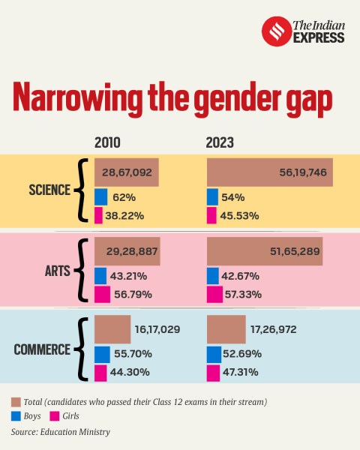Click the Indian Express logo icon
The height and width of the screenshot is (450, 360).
(x=274, y=31)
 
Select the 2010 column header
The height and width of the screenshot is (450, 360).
(x=107, y=143)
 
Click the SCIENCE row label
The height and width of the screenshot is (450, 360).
(x=46, y=190)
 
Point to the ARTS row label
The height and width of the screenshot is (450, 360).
(x=56, y=271)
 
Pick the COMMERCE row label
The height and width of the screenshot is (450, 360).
(x=41, y=349)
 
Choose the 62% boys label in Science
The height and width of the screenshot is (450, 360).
(x=124, y=196)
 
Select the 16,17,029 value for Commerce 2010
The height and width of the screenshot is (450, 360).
(x=157, y=329)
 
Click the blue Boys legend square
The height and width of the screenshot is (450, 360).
(x=16, y=415)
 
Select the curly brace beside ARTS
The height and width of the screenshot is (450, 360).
(x=82, y=271)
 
